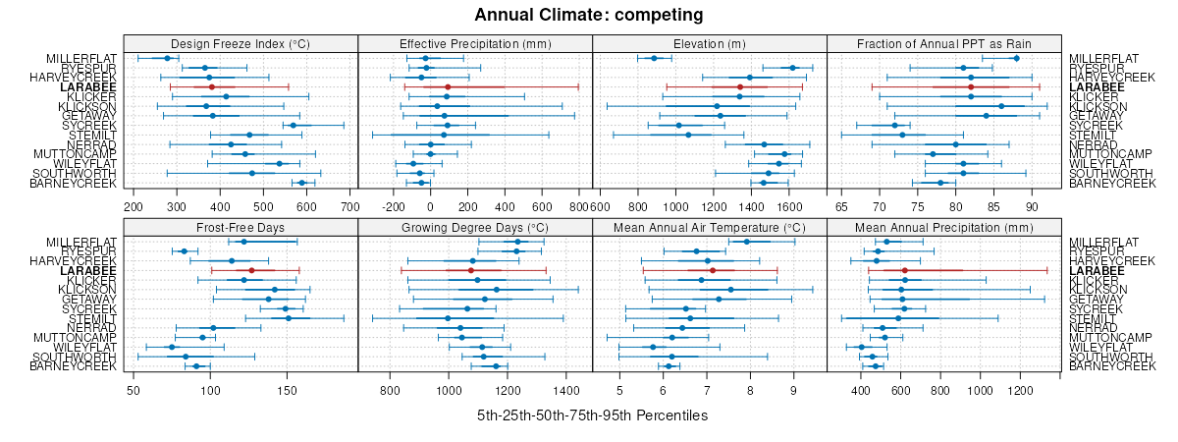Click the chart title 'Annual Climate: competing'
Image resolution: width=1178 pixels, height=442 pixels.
pyautogui.click(x=589, y=15)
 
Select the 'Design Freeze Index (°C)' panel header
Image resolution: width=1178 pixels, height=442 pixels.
pyautogui.click(x=241, y=43)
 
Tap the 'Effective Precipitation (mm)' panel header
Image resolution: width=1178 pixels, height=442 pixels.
pyautogui.click(x=475, y=43)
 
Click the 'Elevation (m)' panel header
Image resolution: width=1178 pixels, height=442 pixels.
pyautogui.click(x=710, y=43)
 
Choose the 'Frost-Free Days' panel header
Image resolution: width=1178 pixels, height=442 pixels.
pyautogui.click(x=241, y=226)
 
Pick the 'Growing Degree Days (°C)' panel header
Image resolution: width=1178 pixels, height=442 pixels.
pyautogui.click(x=475, y=226)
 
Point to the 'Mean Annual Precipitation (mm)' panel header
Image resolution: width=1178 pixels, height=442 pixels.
pyautogui.click(x=944, y=226)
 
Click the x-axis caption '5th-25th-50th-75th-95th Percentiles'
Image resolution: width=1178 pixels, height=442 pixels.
pyautogui.click(x=592, y=415)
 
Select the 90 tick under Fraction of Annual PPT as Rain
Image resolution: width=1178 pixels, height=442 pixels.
pyautogui.click(x=1032, y=207)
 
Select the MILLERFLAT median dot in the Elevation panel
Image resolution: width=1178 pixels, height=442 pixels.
pyautogui.click(x=655, y=58)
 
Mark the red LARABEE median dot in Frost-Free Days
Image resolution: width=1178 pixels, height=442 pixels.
pyautogui.click(x=251, y=270)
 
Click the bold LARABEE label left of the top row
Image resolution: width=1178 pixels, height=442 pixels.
pyautogui.click(x=88, y=86)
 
